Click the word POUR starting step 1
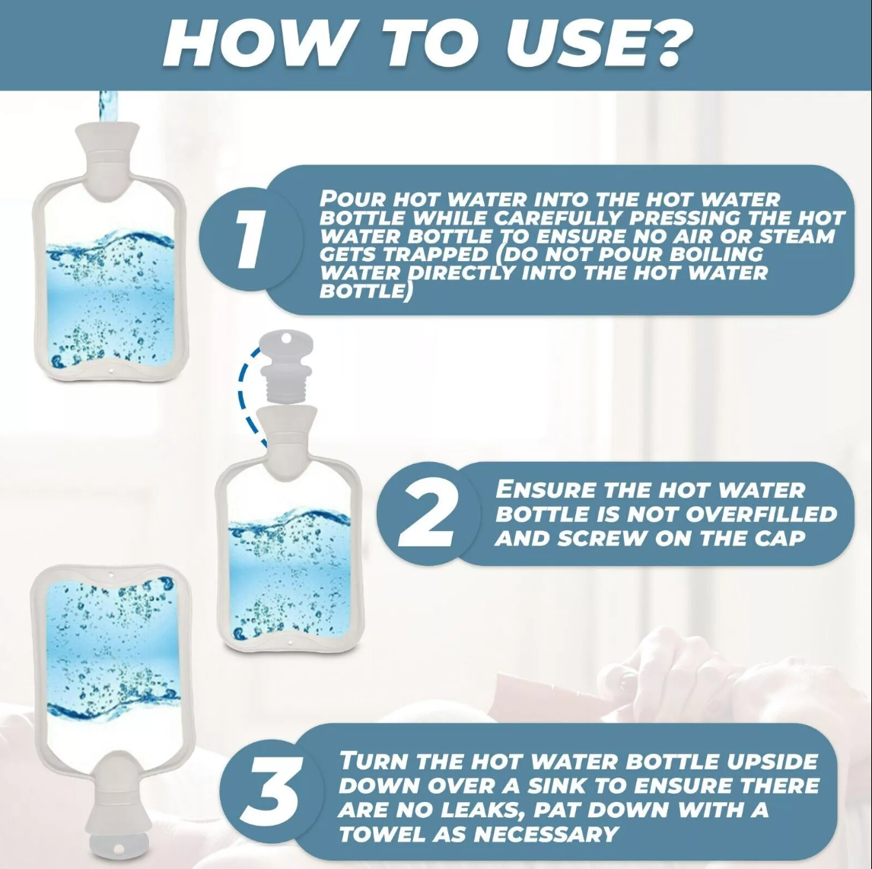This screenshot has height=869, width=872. [x=353, y=199]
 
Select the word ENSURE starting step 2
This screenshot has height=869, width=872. [x=545, y=490]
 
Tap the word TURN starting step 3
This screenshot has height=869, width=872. [x=374, y=761]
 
